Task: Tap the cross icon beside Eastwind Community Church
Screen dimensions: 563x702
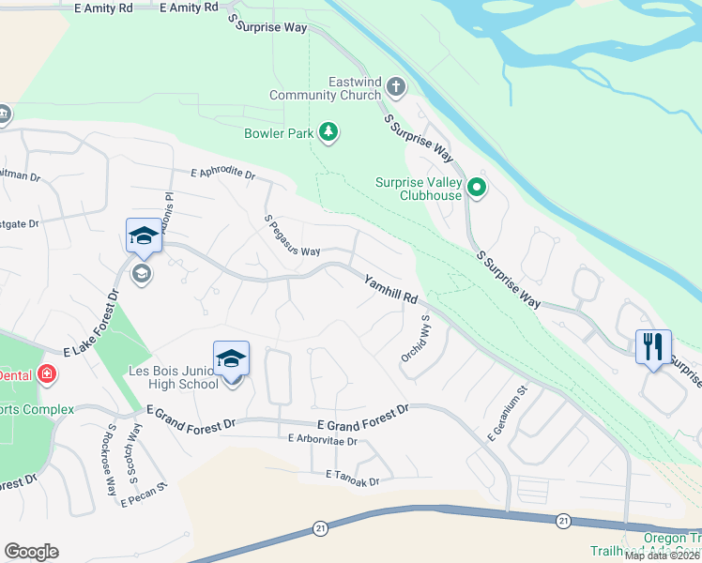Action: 395,88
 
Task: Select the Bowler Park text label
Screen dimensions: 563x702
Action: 278,133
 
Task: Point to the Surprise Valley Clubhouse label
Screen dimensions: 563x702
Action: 419,190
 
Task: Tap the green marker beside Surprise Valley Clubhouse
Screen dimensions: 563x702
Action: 477,190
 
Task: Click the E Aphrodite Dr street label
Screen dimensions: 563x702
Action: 222,174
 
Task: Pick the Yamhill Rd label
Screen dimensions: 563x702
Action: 391,288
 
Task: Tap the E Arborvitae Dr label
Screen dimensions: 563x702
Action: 324,440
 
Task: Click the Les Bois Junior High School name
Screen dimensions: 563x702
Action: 175,377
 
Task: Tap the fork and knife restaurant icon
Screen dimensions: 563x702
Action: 653,346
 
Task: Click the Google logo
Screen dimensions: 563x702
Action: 31,551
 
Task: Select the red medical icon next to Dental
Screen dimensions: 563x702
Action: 46,374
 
